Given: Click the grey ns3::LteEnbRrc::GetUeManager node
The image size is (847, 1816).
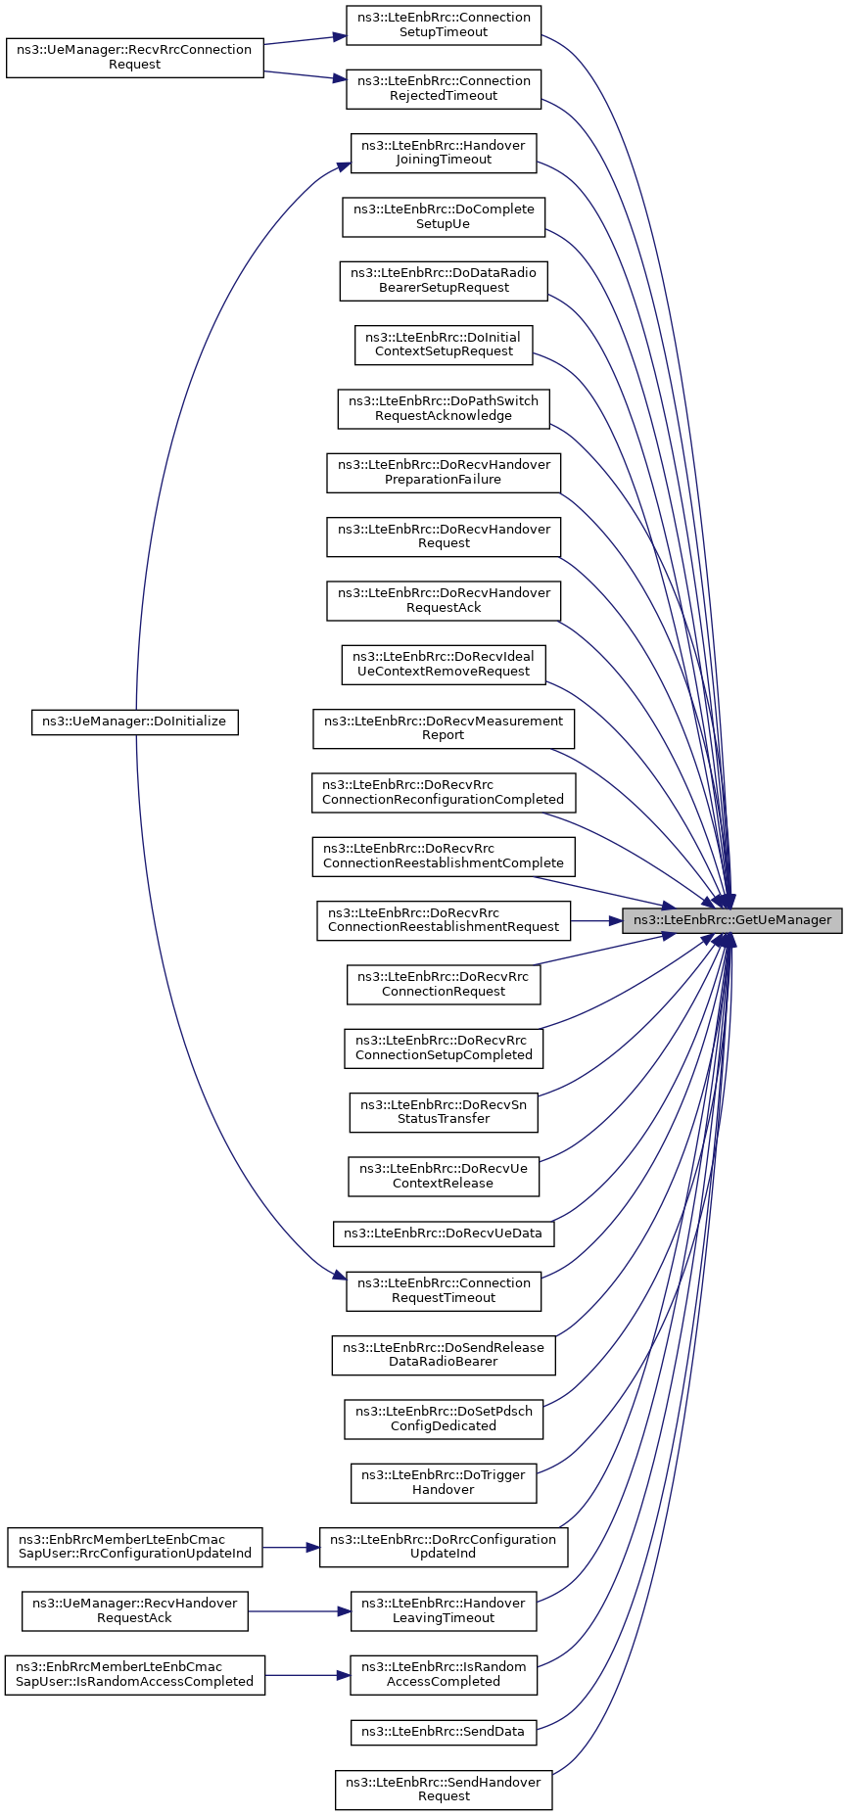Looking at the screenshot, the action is [x=731, y=920].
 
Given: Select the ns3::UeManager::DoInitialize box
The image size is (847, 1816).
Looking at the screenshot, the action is [x=135, y=722].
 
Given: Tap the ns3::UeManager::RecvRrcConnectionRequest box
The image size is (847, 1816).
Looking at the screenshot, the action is [x=135, y=57].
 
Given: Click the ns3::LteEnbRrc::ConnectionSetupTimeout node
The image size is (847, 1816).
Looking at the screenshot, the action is [x=444, y=24].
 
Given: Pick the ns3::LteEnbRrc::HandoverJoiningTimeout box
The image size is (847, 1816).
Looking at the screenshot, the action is [x=444, y=153].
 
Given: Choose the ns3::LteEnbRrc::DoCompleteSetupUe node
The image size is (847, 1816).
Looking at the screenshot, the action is [x=444, y=216].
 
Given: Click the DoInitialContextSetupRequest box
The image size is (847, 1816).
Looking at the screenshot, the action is [x=444, y=345].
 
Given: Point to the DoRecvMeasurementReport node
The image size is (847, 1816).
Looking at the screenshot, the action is [x=444, y=728].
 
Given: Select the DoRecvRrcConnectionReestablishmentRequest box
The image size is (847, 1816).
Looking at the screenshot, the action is [x=444, y=920].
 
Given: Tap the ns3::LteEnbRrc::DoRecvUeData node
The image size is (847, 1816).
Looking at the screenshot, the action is [x=444, y=1234].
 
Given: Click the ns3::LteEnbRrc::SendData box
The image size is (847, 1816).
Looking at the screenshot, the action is [x=444, y=1732].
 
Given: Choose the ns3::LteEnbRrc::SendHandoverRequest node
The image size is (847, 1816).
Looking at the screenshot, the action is [x=444, y=1790].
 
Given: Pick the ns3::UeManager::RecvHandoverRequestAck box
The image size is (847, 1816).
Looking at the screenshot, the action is [x=135, y=1610].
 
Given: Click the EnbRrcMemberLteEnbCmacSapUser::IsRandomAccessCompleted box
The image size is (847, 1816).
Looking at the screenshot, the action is [x=135, y=1674].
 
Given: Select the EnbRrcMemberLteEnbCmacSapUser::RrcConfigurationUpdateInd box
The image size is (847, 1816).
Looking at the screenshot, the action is [x=135, y=1547].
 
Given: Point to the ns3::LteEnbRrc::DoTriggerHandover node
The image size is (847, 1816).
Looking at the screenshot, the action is [x=444, y=1482].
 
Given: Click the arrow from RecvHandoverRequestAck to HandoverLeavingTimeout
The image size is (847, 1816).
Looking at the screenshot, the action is [x=300, y=1610].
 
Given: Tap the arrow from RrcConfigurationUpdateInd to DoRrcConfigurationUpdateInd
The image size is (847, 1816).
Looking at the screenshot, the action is [x=292, y=1547].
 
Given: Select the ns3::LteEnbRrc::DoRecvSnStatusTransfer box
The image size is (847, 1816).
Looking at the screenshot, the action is [x=444, y=1112].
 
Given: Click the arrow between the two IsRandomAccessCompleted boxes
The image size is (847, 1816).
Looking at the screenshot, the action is [x=307, y=1674].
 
